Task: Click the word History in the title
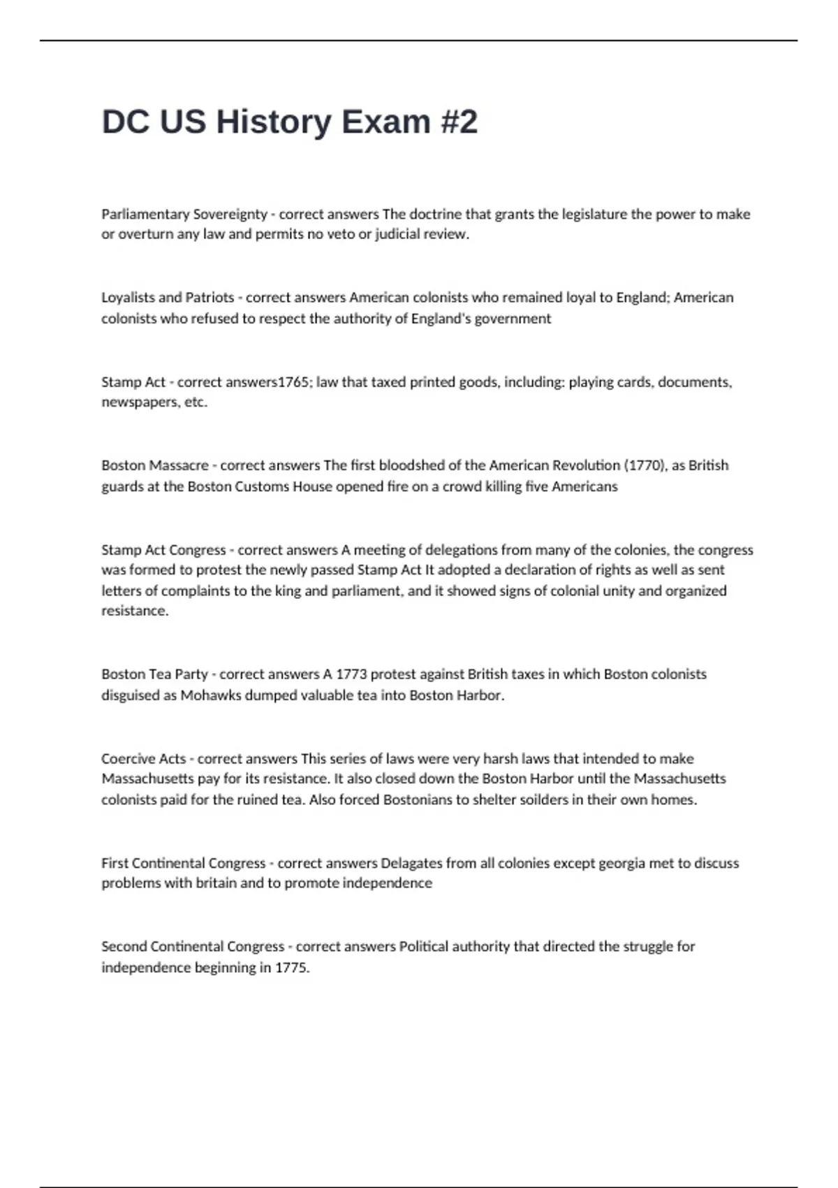tap(274, 122)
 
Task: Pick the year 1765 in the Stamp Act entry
tap(293, 382)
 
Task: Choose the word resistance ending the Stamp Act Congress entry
tap(135, 611)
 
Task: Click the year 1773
tap(351, 674)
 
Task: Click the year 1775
tap(291, 968)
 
